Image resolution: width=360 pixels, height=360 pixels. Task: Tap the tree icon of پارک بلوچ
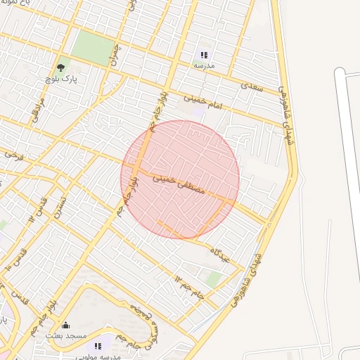[x=60, y=68]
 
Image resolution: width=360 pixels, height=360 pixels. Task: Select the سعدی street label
[x=250, y=88]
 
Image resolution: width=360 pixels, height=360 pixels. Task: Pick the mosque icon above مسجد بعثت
[x=66, y=325]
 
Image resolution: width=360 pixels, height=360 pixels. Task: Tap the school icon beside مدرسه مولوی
[x=98, y=346]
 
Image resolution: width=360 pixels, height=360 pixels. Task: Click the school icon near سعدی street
[x=204, y=54]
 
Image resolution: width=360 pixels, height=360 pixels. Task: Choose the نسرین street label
[x=62, y=205]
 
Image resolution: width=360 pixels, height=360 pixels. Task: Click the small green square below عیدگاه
[x=214, y=280]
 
